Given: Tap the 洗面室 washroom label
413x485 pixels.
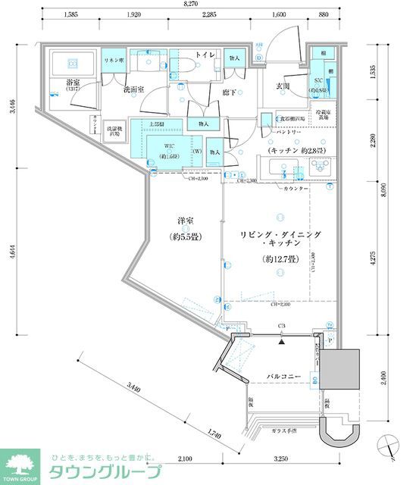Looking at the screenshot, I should click(x=136, y=89).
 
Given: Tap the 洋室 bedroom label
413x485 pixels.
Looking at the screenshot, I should click(x=185, y=221).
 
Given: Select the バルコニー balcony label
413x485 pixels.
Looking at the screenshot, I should click(x=285, y=376).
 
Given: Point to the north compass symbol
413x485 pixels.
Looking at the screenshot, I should click(x=393, y=445).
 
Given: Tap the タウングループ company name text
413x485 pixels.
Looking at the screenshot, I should click(x=105, y=471).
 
